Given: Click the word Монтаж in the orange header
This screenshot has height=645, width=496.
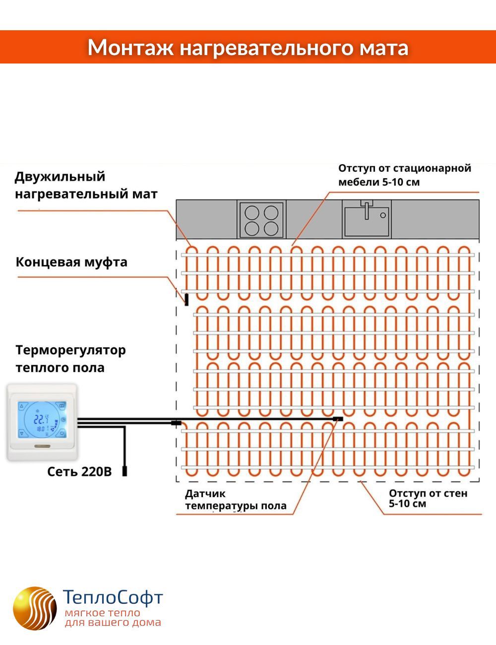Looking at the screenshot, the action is pyautogui.click(x=130, y=48).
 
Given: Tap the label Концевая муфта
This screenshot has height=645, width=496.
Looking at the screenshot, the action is pyautogui.click(x=71, y=262).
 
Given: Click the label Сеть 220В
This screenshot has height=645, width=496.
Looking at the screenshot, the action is pyautogui.click(x=79, y=471).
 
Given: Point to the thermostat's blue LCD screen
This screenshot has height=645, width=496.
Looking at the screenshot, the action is pyautogui.click(x=42, y=420).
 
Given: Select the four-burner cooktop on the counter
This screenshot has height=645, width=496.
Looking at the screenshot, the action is pyautogui.click(x=261, y=219).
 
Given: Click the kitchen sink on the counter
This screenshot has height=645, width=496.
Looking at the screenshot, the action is pyautogui.click(x=367, y=219).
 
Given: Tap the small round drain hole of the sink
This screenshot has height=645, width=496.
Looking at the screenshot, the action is pyautogui.click(x=383, y=215).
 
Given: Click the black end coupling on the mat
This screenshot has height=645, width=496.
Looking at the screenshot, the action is pyautogui.click(x=186, y=299).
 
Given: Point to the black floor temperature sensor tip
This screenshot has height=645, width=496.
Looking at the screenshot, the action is pyautogui.click(x=338, y=419).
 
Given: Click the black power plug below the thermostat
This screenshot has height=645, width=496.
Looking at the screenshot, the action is pyautogui.click(x=124, y=471).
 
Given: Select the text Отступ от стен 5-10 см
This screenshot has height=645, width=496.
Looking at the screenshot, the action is pyautogui.click(x=428, y=498).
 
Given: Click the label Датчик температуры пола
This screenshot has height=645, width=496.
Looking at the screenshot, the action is pyautogui.click(x=236, y=500).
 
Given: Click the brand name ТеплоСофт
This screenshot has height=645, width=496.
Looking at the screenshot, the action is pyautogui.click(x=113, y=597).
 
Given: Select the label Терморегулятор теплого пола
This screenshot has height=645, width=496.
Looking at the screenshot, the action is pyautogui.click(x=70, y=359).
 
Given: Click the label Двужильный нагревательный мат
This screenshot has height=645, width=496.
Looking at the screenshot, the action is pyautogui.click(x=86, y=185).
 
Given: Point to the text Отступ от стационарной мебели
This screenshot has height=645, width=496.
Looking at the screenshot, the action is pyautogui.click(x=405, y=175).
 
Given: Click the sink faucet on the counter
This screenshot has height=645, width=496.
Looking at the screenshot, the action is pyautogui.click(x=367, y=209).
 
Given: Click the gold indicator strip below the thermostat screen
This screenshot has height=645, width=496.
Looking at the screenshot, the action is pyautogui.click(x=43, y=446).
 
